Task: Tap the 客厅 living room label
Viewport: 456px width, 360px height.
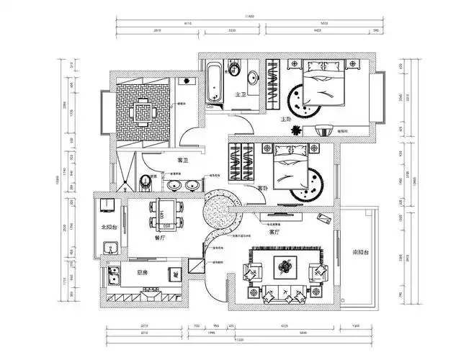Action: pos(274,233)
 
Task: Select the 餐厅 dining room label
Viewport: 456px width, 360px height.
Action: pos(161,235)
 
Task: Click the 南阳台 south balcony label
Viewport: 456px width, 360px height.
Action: pos(360,253)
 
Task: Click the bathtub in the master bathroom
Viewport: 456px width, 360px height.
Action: pos(214,84)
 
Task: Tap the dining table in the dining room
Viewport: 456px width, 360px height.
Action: pos(165,214)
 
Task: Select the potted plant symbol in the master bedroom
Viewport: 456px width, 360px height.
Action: pos(296,130)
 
